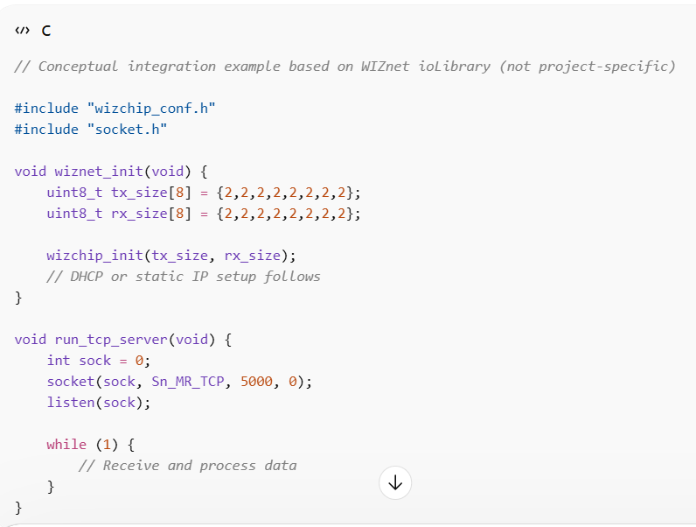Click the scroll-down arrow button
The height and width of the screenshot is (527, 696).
pos(395,482)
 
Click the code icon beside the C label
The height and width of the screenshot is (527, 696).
pos(21,31)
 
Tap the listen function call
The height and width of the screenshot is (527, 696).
pos(71,403)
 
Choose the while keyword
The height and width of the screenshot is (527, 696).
pos(66,445)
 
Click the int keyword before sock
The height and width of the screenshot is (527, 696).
pos(59,361)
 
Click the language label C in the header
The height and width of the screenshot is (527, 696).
pos(46,31)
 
